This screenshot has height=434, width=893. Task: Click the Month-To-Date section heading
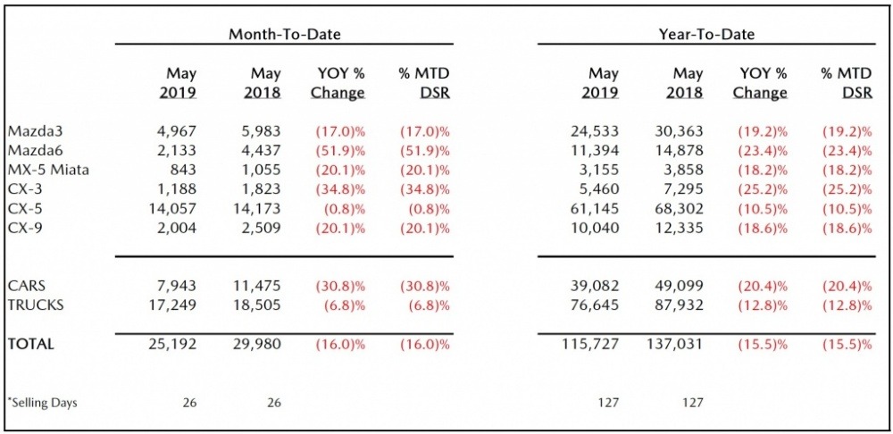284,34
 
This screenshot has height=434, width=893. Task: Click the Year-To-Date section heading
705,34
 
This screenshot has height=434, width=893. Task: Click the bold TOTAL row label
30,344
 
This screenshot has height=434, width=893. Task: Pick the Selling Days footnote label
42,403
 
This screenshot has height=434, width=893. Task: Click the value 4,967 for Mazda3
177,130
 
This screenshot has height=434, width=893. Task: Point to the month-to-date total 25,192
173,344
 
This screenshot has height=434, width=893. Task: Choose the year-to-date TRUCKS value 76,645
594,305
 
